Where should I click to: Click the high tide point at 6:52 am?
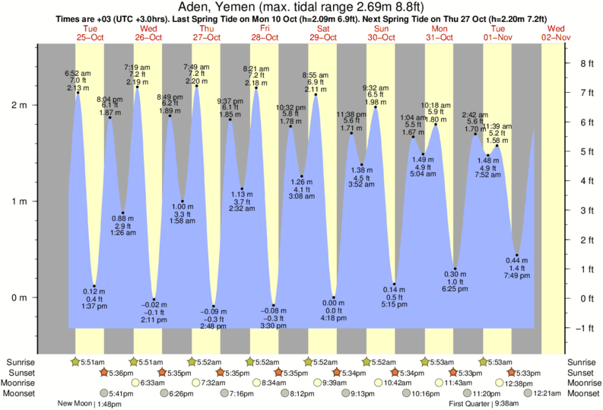[78, 93]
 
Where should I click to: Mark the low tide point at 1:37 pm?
[94, 286]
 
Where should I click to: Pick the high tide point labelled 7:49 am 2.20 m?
[196, 86]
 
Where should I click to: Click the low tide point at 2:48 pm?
[214, 306]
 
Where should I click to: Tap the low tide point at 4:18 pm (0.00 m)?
[333, 297]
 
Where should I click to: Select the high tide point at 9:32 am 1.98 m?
[375, 107]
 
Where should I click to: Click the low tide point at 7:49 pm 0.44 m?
[516, 255]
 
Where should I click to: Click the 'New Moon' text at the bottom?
[74, 404]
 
